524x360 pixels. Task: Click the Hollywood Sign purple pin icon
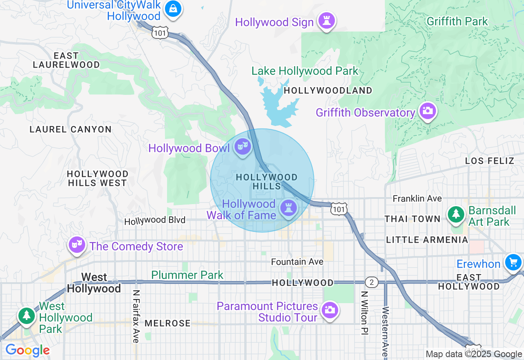click(x=326, y=21)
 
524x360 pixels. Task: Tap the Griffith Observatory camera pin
click(x=427, y=111)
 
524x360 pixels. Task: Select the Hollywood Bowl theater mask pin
click(x=243, y=146)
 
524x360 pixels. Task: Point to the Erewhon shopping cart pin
click(x=513, y=262)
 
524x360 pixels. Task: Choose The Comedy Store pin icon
click(x=77, y=245)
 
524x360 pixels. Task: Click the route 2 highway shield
click(x=371, y=282)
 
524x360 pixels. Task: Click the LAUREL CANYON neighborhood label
click(x=70, y=130)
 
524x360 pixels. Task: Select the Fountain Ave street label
click(x=297, y=262)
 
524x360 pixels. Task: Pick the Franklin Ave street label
click(x=417, y=198)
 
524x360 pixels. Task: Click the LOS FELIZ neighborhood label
click(x=490, y=161)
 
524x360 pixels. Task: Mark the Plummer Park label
click(x=187, y=275)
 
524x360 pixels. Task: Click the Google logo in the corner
click(x=27, y=350)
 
